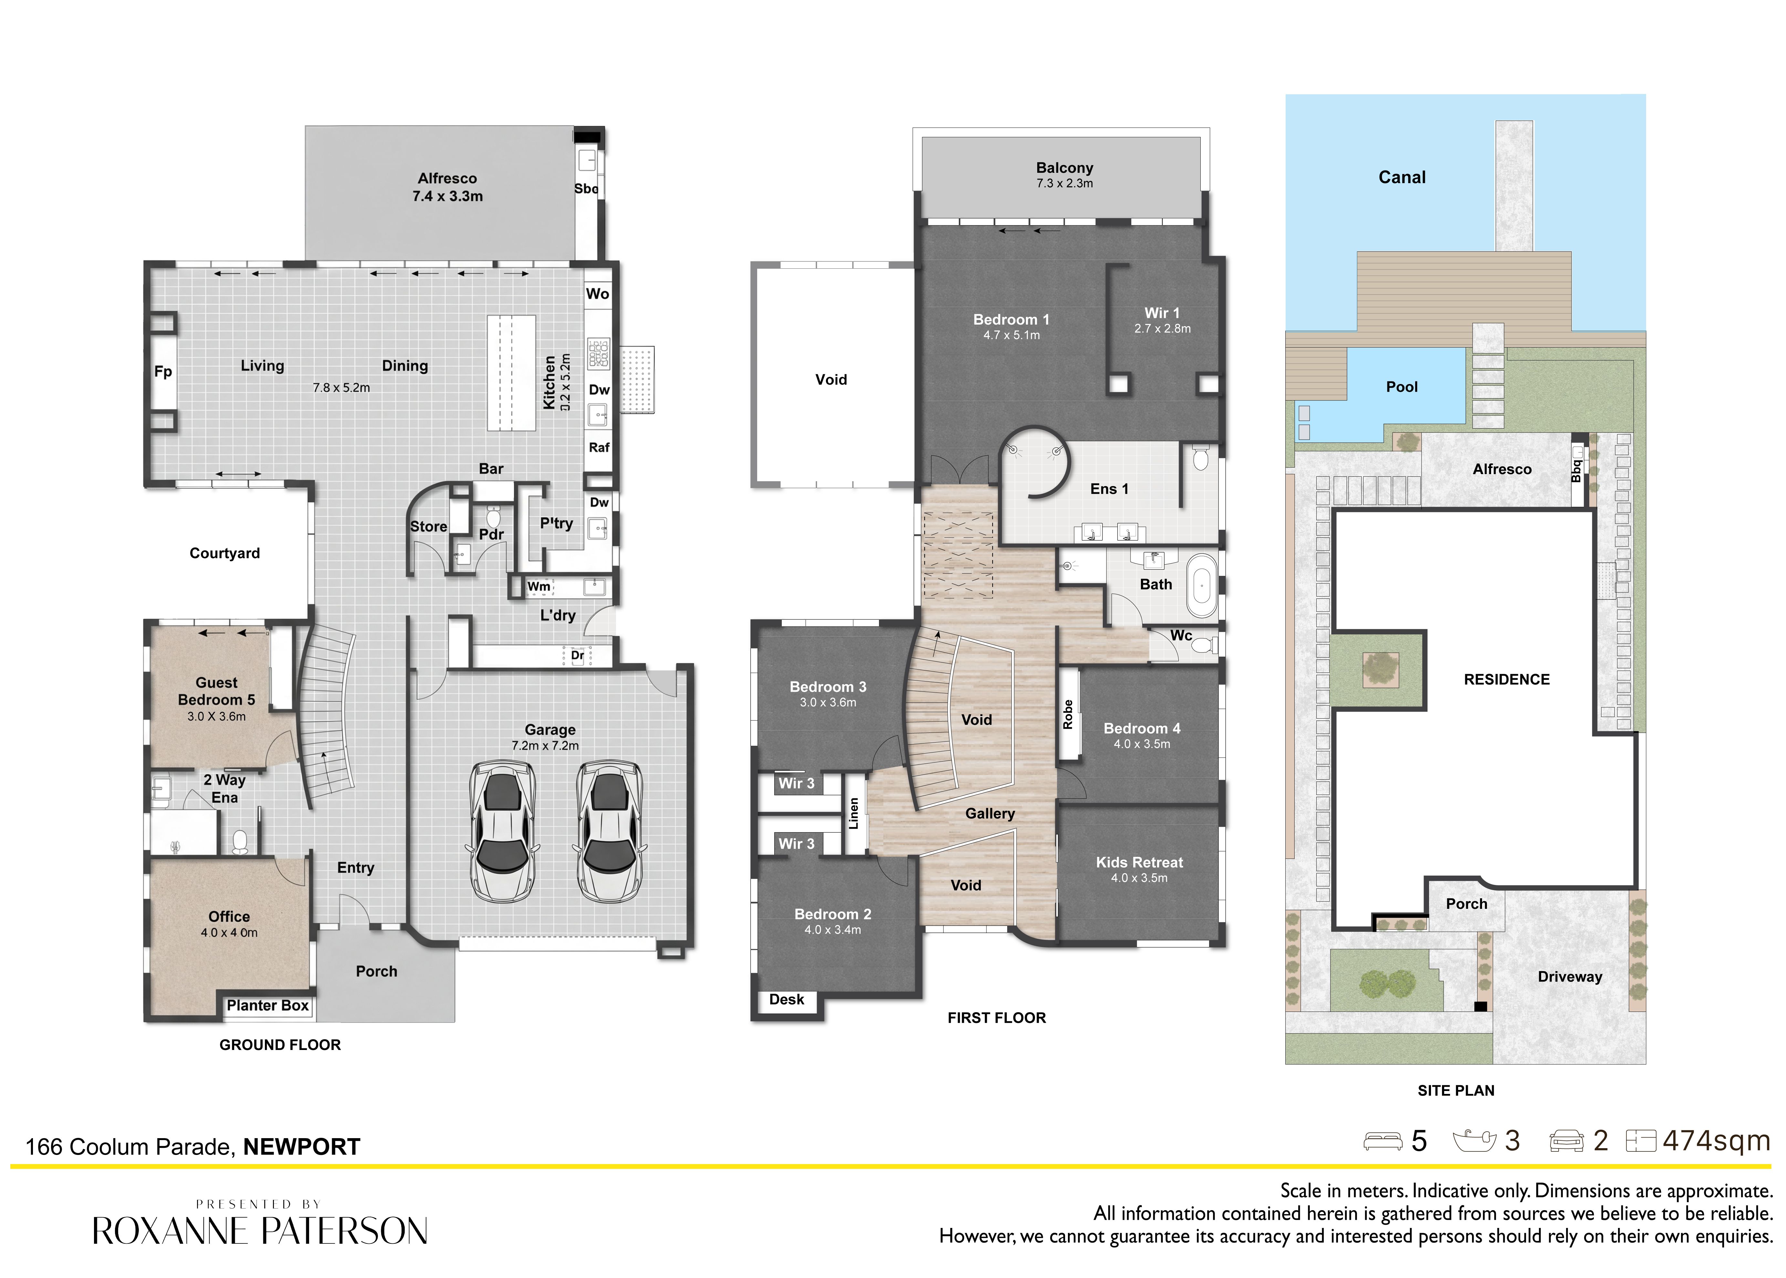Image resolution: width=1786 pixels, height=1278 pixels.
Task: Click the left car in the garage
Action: [x=504, y=832]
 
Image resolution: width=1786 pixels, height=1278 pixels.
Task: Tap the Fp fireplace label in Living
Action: [x=163, y=371]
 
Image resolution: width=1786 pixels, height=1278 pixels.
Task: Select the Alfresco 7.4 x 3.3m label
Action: [x=447, y=187]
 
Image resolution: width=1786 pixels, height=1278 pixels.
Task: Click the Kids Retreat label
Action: [x=1139, y=862]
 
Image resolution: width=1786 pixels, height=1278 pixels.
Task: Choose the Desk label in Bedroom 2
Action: [x=786, y=999]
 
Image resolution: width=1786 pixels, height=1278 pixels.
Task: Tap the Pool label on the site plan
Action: [x=1402, y=387]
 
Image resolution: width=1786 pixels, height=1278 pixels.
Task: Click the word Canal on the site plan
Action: [x=1402, y=177]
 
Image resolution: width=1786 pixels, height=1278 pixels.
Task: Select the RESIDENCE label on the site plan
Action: [x=1507, y=679]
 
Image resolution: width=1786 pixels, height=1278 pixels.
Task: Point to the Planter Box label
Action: [x=267, y=1006]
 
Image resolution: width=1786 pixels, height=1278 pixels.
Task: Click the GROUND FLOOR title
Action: [x=280, y=1045]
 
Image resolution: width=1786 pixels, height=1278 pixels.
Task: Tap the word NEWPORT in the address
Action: [x=301, y=1147]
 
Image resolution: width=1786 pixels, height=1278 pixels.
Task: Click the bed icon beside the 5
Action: [x=1383, y=1141]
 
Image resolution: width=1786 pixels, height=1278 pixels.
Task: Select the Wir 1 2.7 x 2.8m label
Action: [x=1162, y=320]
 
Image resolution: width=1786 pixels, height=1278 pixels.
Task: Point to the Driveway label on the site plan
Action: [x=1570, y=977]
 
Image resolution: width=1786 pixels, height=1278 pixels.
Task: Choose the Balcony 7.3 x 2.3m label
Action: [x=1064, y=175]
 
